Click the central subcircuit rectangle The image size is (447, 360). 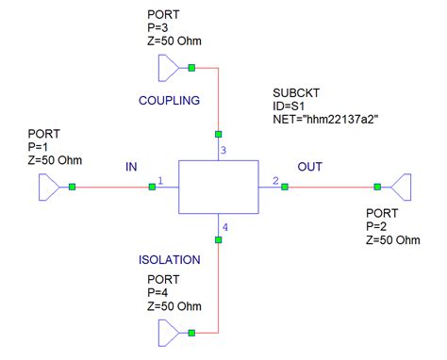[x=218, y=187]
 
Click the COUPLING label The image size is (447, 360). [x=170, y=101]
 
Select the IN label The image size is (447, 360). [x=132, y=167]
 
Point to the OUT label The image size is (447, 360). [x=310, y=167]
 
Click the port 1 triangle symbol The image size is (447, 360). [x=48, y=187]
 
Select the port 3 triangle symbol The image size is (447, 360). [x=167, y=67]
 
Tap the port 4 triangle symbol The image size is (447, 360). [x=167, y=332]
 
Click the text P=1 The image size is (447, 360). [x=43, y=147]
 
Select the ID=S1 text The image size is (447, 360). [x=290, y=106]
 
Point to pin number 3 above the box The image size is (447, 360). [x=223, y=150]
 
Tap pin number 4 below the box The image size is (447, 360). [x=223, y=227]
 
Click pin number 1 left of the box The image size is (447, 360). [x=161, y=180]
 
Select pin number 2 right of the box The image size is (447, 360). [x=274, y=180]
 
